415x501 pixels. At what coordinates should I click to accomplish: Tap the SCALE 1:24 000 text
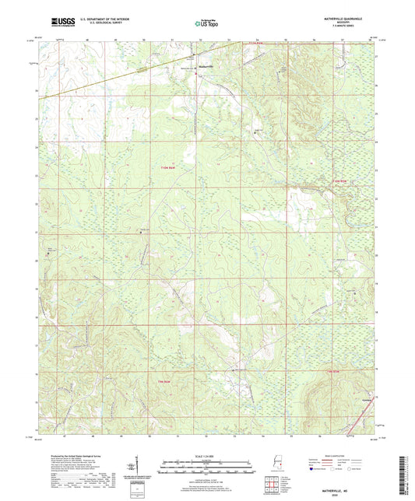point(207,455)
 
